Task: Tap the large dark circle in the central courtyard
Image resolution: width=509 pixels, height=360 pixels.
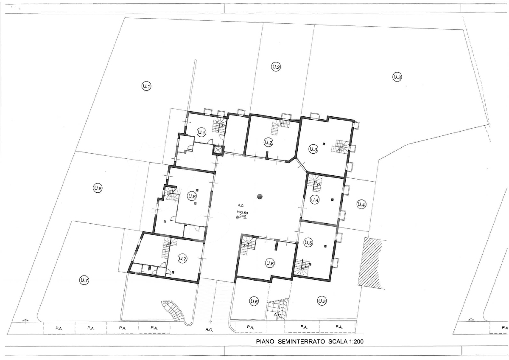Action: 260,197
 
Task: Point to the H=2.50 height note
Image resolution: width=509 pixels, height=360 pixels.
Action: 242,212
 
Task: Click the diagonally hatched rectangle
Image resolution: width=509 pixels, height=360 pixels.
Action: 370,263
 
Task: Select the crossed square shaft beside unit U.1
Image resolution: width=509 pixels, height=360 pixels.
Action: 218,150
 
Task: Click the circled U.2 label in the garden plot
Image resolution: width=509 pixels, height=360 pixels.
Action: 276,67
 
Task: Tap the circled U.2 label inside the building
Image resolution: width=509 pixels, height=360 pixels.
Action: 268,143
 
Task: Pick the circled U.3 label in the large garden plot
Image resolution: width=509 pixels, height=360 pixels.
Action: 397,77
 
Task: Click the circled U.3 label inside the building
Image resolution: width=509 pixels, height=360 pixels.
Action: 313,149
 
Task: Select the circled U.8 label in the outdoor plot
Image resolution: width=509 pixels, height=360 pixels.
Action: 98,188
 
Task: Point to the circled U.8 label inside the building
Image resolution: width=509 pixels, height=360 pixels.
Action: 192,196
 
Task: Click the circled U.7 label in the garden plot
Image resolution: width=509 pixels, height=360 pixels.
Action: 84,281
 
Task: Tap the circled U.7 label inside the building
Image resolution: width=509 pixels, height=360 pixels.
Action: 183,259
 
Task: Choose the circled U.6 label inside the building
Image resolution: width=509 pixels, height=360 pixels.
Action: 270,263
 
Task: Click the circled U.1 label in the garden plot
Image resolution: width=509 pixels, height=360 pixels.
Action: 146,86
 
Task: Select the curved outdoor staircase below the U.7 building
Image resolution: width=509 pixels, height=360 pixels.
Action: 175,310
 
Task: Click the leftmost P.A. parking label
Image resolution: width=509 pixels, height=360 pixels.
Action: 59,329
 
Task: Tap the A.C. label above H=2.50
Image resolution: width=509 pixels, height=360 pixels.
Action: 241,205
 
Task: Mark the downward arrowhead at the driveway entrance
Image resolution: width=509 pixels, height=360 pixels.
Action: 211,322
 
